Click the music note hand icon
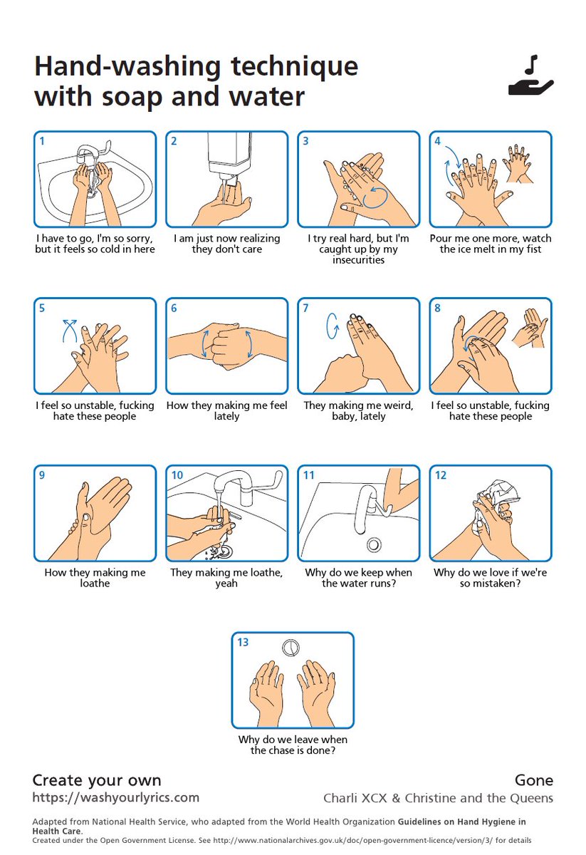point(530,76)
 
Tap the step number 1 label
point(42,141)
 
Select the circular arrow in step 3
point(375,197)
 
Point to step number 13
point(243,643)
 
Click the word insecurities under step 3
point(358,260)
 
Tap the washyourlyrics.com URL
point(115,798)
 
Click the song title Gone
point(534,780)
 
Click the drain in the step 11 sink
point(374,544)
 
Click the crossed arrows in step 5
point(70,330)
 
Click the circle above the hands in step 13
point(291,648)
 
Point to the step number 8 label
point(438,308)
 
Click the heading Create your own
point(97,780)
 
